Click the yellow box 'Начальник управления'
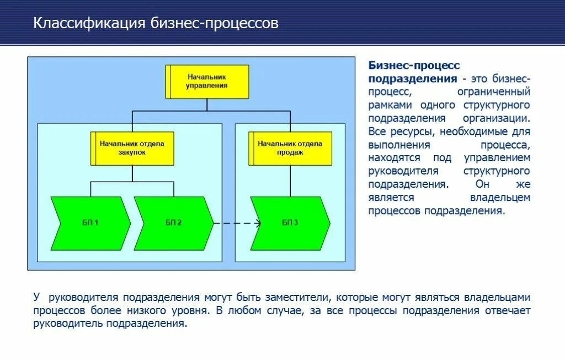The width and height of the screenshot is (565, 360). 207,82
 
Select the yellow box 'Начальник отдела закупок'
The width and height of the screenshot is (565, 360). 132,148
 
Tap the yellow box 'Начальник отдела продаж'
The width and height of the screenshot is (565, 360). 290,148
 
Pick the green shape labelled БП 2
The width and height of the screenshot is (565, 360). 172,223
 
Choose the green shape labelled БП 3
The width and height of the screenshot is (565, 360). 289,223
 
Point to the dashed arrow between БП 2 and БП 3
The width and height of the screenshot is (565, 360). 237,223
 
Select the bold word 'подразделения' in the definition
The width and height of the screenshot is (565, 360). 413,78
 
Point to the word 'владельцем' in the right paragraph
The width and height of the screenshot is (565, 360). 500,198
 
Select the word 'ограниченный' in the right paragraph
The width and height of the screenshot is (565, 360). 494,92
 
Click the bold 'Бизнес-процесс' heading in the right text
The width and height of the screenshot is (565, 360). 414,66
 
